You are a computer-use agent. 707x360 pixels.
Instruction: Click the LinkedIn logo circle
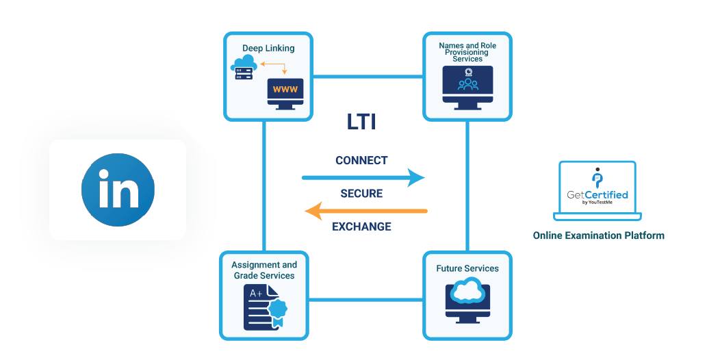point(118,190)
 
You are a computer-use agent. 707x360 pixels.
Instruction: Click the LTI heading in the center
point(361,123)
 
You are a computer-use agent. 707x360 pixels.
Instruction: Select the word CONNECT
point(361,161)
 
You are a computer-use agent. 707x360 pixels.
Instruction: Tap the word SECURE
point(361,194)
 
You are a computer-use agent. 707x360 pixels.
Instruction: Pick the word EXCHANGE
point(361,227)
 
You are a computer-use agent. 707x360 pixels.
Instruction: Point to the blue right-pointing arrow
point(363,178)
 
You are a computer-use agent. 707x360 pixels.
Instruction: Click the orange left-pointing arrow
point(365,211)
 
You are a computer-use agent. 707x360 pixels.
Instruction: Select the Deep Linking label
point(268,49)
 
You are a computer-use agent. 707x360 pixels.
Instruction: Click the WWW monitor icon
point(285,93)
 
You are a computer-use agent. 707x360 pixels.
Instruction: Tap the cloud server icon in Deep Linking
point(243,68)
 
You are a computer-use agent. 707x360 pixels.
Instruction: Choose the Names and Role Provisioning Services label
point(467,52)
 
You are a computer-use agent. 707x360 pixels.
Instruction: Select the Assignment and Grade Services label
point(264,270)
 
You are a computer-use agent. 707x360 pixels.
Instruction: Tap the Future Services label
point(467,268)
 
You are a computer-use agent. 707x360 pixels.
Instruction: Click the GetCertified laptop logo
point(597,191)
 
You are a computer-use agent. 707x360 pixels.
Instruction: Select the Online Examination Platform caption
point(598,235)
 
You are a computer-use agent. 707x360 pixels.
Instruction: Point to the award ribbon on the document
point(277,311)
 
